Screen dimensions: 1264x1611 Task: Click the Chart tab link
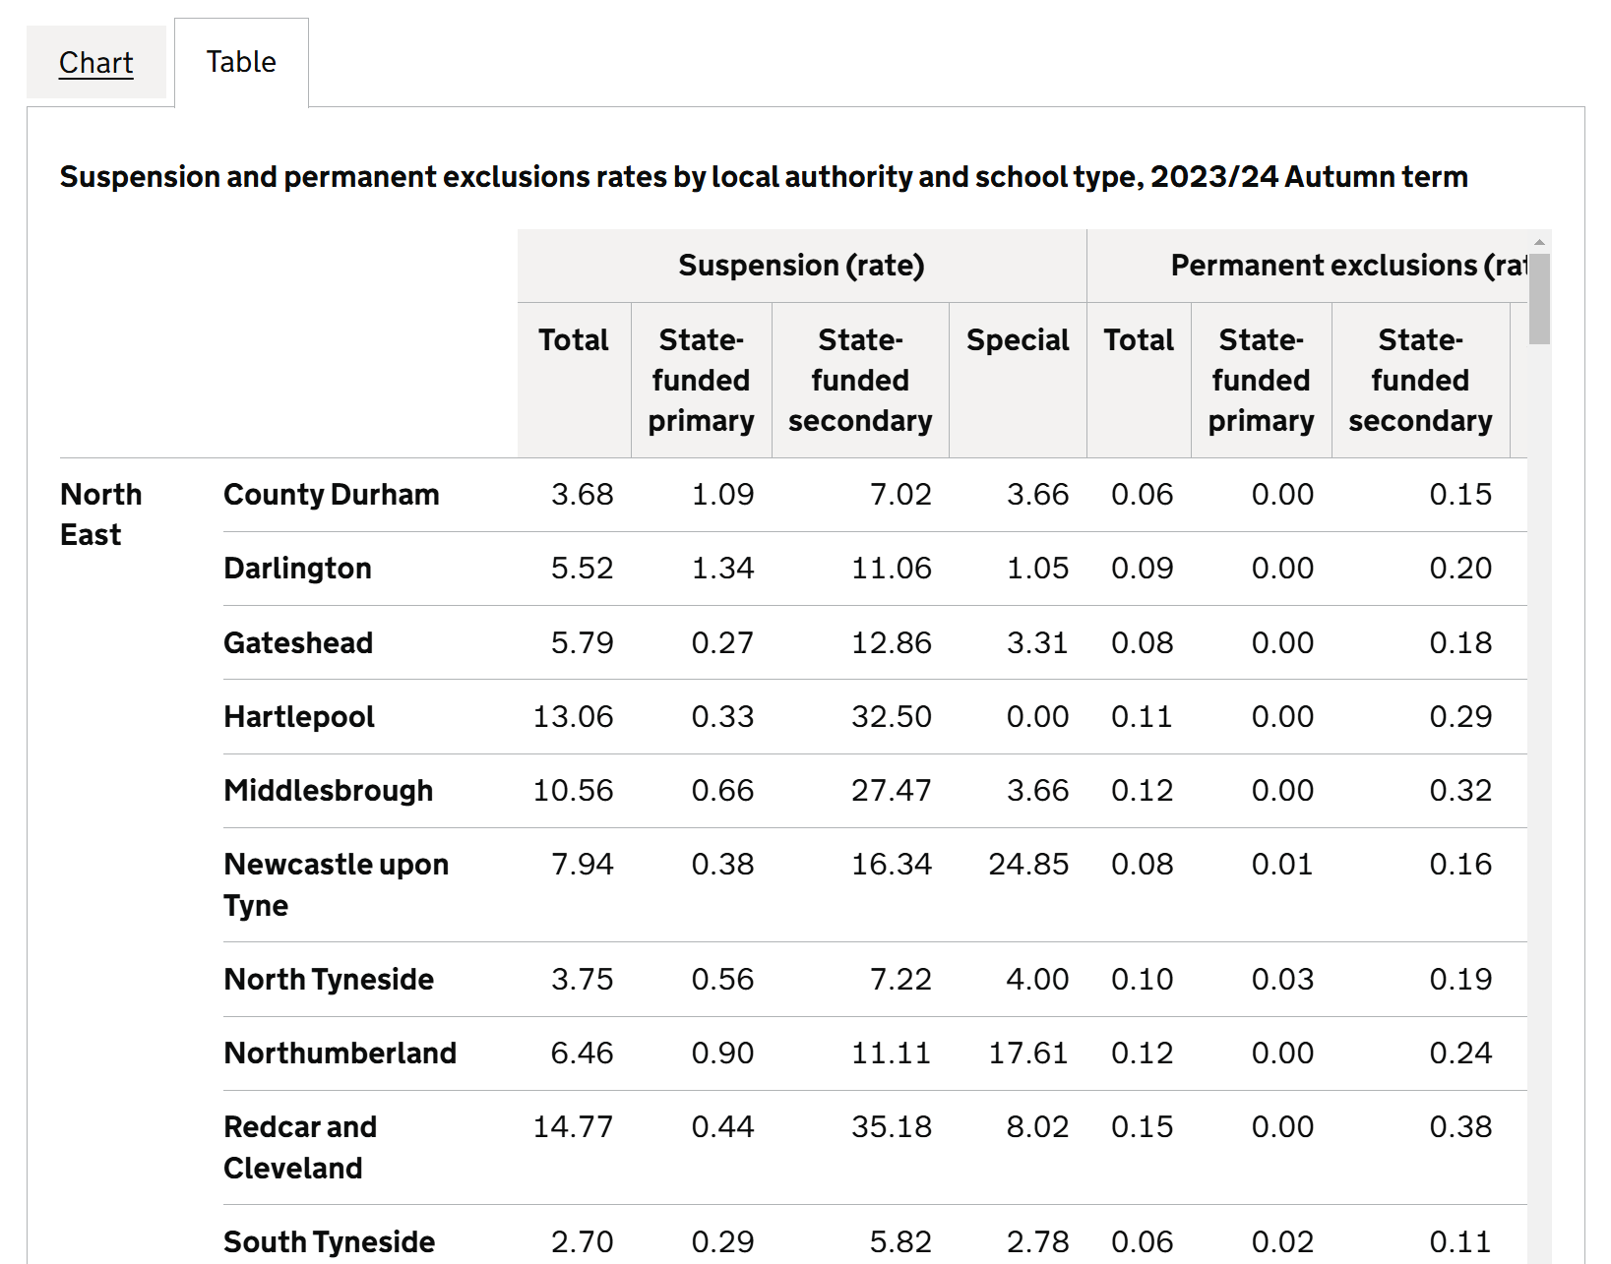[x=95, y=63]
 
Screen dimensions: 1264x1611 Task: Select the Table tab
[x=241, y=62]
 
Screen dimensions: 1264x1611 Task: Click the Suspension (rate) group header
[x=801, y=266]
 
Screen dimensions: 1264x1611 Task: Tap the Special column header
[x=1017, y=340]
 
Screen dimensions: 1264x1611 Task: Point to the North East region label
[x=100, y=513]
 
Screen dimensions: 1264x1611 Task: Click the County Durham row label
[x=331, y=495]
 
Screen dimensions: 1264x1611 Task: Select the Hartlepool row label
[x=298, y=717]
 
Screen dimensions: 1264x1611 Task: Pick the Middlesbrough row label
[x=328, y=791]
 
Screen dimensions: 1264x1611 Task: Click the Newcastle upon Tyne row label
[x=336, y=884]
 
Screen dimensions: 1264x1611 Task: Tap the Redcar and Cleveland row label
[x=299, y=1147]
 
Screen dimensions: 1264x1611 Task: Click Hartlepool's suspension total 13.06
[x=573, y=717]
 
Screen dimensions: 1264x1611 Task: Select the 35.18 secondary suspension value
[x=891, y=1127]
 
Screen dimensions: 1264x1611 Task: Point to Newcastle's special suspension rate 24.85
[x=1027, y=865]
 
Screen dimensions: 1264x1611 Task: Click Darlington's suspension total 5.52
[x=582, y=569]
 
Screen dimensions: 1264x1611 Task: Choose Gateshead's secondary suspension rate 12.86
[x=891, y=643]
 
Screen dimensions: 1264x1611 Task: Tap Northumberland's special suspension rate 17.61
[x=1027, y=1053]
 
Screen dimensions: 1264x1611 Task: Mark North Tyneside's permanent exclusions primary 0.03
[x=1281, y=980]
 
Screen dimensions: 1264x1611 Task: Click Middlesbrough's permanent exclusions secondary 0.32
[x=1459, y=791]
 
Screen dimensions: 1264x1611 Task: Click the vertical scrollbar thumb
[x=1539, y=299]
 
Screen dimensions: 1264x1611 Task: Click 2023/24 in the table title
[x=1213, y=177]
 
